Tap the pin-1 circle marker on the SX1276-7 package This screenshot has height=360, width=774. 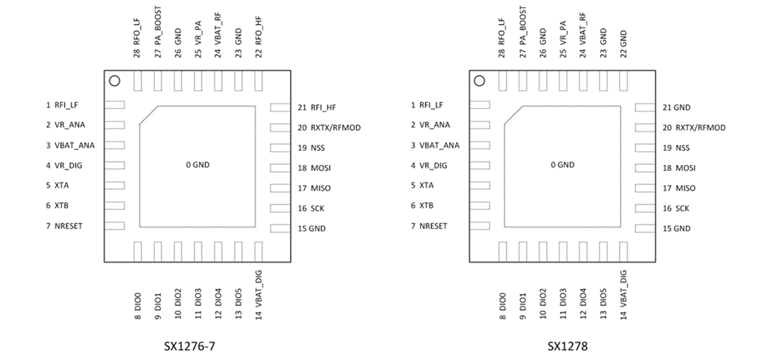(114, 81)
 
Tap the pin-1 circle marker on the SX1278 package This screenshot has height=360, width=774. (479, 81)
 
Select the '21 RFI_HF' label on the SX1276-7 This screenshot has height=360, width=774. (317, 108)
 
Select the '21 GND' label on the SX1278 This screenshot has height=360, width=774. (676, 108)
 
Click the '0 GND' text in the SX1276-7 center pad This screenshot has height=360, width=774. (197, 165)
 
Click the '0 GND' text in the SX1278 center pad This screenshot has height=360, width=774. (562, 165)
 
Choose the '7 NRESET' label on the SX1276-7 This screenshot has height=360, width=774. (64, 226)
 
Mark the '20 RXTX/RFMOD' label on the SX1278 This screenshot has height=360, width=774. (694, 128)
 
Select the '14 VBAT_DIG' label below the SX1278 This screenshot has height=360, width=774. (624, 297)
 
